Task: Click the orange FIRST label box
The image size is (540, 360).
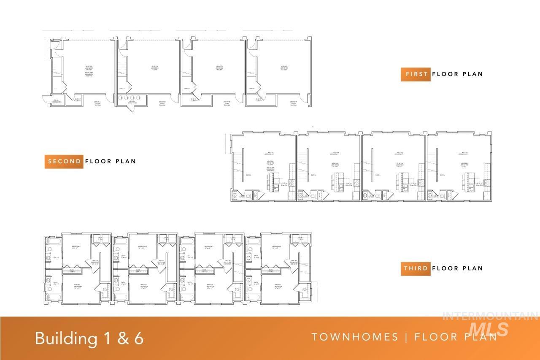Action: (x=416, y=74)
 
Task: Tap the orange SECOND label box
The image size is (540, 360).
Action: (x=64, y=161)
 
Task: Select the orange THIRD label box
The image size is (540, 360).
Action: (x=416, y=268)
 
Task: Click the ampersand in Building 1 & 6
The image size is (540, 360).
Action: (x=112, y=338)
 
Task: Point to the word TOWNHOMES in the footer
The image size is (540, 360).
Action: (x=355, y=337)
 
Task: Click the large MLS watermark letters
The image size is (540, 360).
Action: (x=489, y=328)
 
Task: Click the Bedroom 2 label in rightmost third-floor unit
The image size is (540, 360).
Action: (x=277, y=247)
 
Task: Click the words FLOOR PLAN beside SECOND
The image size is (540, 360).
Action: (x=111, y=161)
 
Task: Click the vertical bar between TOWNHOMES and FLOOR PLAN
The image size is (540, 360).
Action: (x=406, y=337)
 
